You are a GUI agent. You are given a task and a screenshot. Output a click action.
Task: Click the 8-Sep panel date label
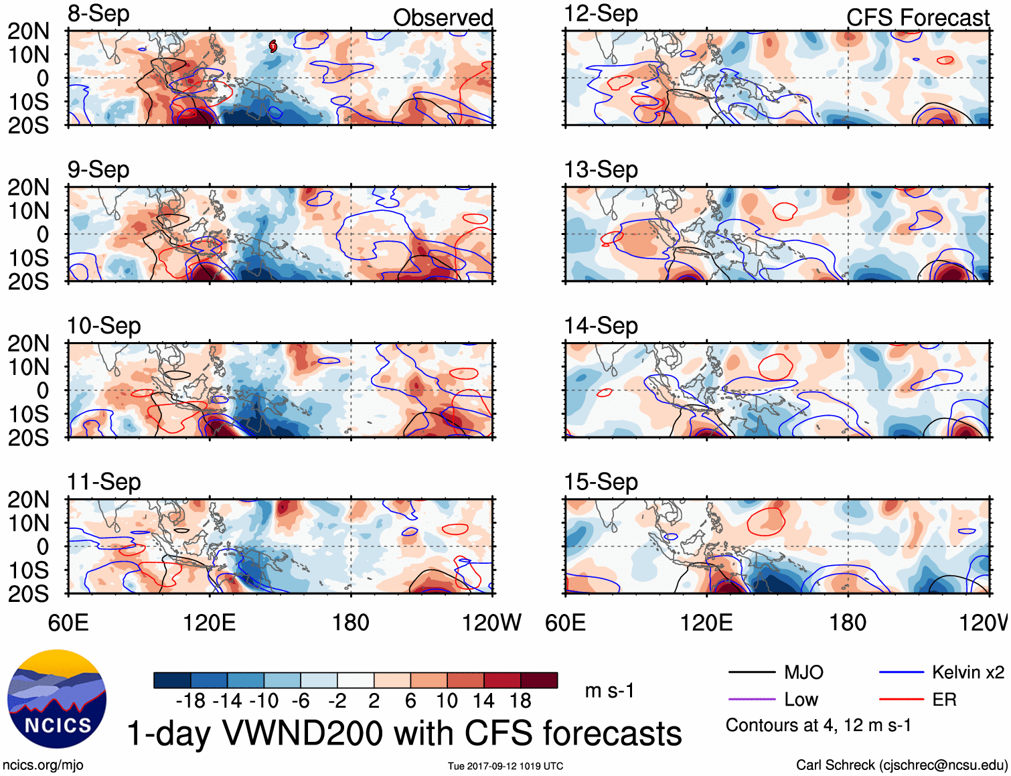pyautogui.click(x=98, y=13)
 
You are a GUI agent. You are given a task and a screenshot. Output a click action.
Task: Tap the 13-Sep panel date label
pyautogui.click(x=601, y=169)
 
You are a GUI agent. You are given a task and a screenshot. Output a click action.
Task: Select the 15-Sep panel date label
pyautogui.click(x=601, y=481)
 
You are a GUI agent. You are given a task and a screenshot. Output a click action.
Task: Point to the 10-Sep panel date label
pyautogui.click(x=104, y=325)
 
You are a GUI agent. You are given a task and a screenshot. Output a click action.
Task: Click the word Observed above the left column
pyautogui.click(x=443, y=17)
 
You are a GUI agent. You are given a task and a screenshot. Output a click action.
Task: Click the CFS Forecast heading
pyautogui.click(x=917, y=17)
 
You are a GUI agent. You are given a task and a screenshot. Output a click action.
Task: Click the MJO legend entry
pyautogui.click(x=803, y=672)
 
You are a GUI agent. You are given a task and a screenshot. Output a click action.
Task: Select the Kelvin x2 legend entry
pyautogui.click(x=967, y=672)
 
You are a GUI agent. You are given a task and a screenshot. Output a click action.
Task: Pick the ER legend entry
pyautogui.click(x=944, y=700)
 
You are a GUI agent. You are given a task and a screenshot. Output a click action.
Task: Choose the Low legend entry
pyautogui.click(x=801, y=700)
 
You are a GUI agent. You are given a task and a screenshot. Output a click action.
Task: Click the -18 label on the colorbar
pyautogui.click(x=190, y=701)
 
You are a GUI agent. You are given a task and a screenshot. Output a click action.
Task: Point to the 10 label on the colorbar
pyautogui.click(x=447, y=701)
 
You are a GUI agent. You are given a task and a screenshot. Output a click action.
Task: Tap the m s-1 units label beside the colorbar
pyautogui.click(x=609, y=690)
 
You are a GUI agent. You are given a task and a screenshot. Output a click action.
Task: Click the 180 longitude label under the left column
pyautogui.click(x=351, y=623)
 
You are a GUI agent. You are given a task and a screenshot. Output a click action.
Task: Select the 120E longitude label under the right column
pyautogui.click(x=706, y=623)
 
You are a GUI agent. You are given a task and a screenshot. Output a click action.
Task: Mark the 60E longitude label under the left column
pyautogui.click(x=68, y=623)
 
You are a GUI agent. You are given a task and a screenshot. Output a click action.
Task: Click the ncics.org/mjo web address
pyautogui.click(x=43, y=765)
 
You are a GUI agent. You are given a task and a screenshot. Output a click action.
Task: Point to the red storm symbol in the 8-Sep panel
pyautogui.click(x=273, y=46)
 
